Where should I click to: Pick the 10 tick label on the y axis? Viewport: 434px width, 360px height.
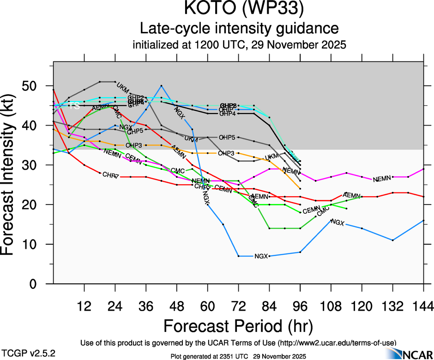pyautogui.click(x=32, y=245)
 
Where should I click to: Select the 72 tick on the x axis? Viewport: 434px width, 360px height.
pyautogui.click(x=239, y=306)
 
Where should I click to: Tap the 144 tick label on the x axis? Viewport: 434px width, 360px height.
pyautogui.click(x=424, y=306)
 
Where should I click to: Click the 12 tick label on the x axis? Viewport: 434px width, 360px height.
pyautogui.click(x=84, y=306)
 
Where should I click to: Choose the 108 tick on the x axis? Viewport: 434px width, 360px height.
pyautogui.click(x=331, y=306)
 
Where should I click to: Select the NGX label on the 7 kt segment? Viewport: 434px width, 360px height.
pyautogui.click(x=261, y=256)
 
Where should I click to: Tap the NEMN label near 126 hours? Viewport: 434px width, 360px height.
pyautogui.click(x=382, y=179)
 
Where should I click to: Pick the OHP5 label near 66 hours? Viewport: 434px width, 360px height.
pyautogui.click(x=227, y=138)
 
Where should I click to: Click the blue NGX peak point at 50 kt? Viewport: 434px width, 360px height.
pyautogui.click(x=161, y=86)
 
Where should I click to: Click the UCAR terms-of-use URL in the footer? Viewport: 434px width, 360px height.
pyautogui.click(x=336, y=343)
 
